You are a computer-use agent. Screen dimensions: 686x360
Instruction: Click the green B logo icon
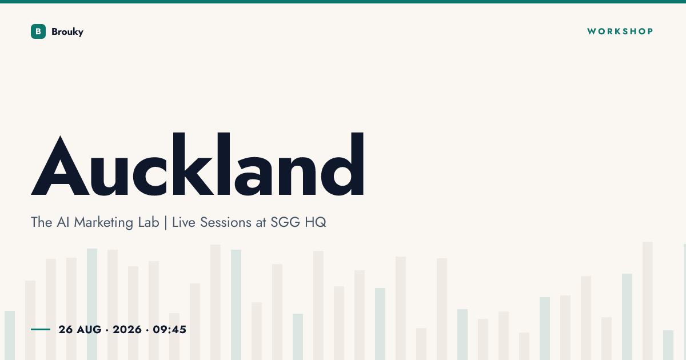click(x=38, y=31)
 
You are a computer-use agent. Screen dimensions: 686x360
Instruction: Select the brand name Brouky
click(x=67, y=32)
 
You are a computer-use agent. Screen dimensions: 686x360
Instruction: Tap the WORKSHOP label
click(x=620, y=31)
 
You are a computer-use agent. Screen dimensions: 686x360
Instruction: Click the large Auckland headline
click(x=198, y=164)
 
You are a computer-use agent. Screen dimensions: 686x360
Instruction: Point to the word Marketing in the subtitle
click(x=103, y=222)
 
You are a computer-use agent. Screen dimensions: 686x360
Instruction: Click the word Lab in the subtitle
click(x=149, y=222)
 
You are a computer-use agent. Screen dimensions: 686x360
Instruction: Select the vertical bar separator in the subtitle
click(x=166, y=222)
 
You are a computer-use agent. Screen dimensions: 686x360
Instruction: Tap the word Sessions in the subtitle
click(x=226, y=222)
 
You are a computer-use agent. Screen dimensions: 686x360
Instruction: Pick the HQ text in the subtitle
click(x=316, y=222)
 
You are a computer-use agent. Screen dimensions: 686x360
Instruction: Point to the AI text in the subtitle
click(x=63, y=222)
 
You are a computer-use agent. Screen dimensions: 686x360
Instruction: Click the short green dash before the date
click(x=41, y=329)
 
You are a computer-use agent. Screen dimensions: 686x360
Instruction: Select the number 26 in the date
click(x=66, y=330)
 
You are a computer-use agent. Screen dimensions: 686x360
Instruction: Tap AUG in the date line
click(x=89, y=330)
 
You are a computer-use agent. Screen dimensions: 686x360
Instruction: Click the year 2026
click(x=127, y=330)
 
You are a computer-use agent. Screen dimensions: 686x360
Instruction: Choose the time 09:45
click(x=169, y=330)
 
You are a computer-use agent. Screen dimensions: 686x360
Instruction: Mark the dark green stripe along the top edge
click(x=343, y=2)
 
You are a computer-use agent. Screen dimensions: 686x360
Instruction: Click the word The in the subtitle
click(x=41, y=222)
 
